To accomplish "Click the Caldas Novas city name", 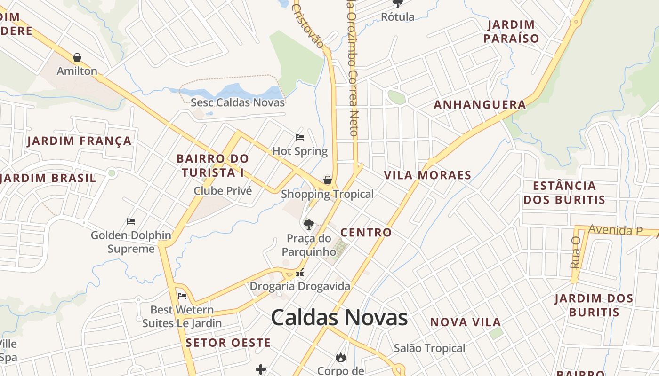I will pyautogui.click(x=339, y=318).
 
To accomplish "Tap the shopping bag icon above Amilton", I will pyautogui.click(x=77, y=57).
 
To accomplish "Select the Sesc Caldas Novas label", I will pyautogui.click(x=238, y=102).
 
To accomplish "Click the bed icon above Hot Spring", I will pyautogui.click(x=300, y=137).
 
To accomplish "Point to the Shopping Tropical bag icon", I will pyautogui.click(x=328, y=180).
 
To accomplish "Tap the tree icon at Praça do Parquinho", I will pyautogui.click(x=309, y=224).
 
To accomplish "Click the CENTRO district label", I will pyautogui.click(x=366, y=232).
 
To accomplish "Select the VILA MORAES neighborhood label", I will pyautogui.click(x=427, y=175).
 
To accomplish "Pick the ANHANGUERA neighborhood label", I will pyautogui.click(x=480, y=105).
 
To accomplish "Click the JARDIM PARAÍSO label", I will pyautogui.click(x=511, y=31).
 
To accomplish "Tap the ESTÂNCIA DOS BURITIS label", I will pyautogui.click(x=564, y=193).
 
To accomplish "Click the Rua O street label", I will pyautogui.click(x=575, y=252).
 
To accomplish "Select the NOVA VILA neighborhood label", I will pyautogui.click(x=466, y=322).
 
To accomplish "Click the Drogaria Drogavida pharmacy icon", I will pyautogui.click(x=300, y=273).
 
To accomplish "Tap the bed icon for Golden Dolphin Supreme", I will pyautogui.click(x=131, y=221).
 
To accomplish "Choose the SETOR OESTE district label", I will pyautogui.click(x=228, y=343).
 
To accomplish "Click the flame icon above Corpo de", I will pyautogui.click(x=341, y=358).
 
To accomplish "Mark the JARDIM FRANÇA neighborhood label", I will pyautogui.click(x=79, y=141).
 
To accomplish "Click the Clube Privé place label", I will pyautogui.click(x=223, y=191).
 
